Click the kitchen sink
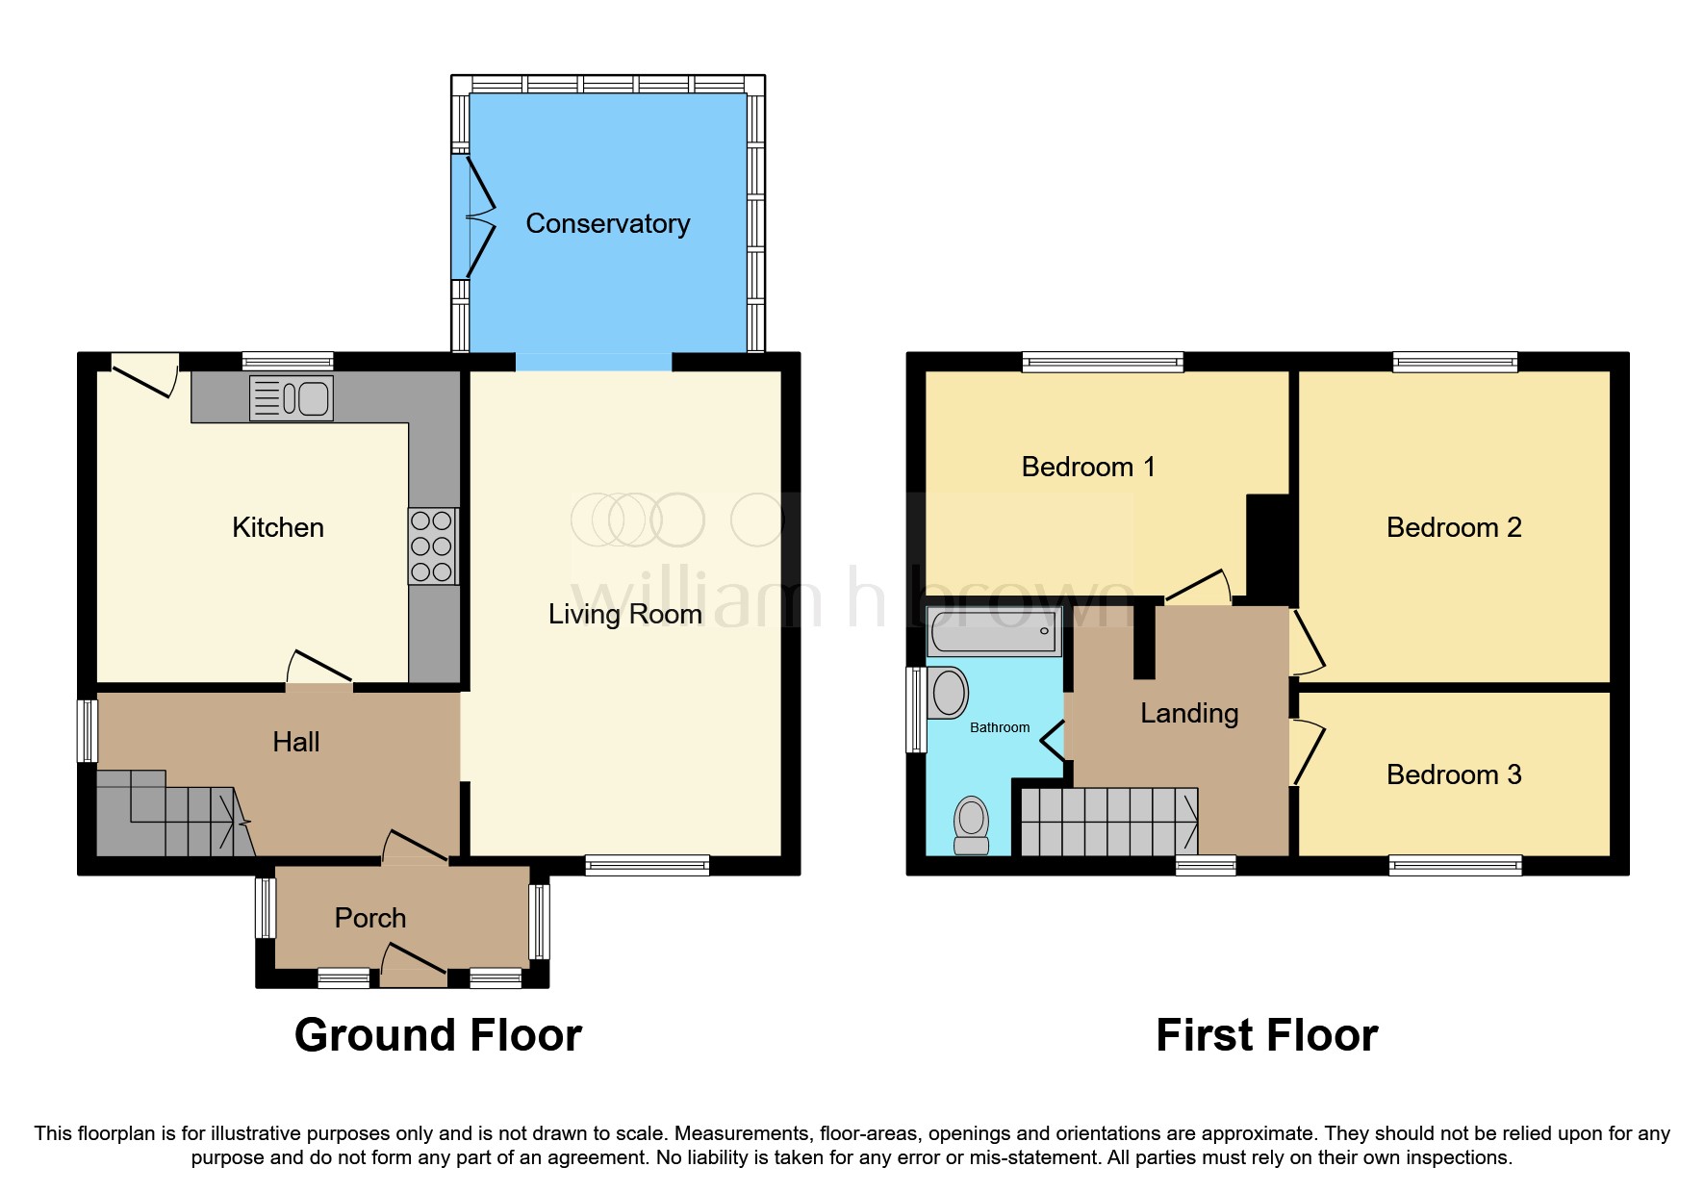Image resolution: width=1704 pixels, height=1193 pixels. point(292,397)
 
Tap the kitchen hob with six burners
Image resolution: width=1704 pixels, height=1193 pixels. point(432,546)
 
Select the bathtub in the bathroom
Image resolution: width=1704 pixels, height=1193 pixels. point(994,632)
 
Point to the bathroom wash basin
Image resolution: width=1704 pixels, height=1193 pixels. point(948,693)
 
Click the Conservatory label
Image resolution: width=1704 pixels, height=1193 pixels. point(607,224)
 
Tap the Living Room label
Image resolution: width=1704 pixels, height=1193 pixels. point(624,615)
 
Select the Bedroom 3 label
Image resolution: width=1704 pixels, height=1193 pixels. point(1453,774)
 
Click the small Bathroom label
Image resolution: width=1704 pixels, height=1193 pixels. point(999,728)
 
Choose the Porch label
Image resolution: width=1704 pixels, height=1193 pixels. point(369,918)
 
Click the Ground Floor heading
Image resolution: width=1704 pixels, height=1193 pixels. point(438,1035)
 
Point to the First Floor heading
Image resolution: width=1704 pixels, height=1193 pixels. point(1266,1035)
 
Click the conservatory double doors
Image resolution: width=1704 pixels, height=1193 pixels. point(479,216)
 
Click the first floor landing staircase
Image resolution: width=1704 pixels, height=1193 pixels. point(1108,823)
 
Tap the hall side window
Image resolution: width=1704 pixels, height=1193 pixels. point(88,731)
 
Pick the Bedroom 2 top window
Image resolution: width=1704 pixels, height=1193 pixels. point(1455,363)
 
